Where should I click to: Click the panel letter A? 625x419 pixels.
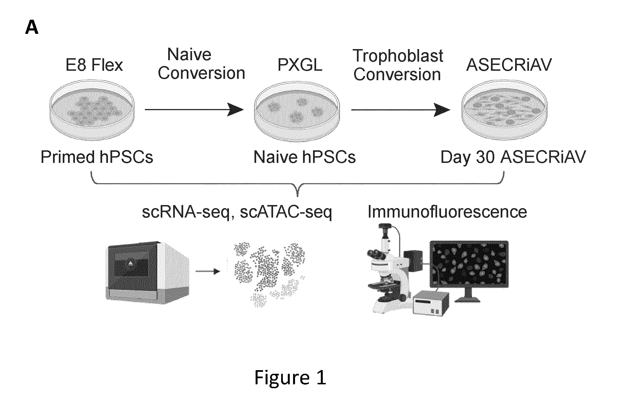(32, 28)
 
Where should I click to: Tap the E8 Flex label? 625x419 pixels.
(94, 65)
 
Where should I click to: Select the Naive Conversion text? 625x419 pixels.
(201, 64)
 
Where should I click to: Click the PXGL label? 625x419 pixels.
(300, 65)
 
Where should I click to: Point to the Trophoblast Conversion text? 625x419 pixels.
(397, 65)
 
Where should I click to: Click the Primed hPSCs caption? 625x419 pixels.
(97, 157)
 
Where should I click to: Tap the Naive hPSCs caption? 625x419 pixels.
(304, 157)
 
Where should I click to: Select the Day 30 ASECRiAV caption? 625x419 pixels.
(513, 157)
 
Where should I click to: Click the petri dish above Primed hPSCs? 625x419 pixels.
(92, 109)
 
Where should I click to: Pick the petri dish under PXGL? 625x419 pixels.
(297, 110)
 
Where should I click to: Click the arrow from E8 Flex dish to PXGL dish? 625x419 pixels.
(194, 110)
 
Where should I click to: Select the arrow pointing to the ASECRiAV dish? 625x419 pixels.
(400, 110)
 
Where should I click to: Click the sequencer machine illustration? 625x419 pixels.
(147, 272)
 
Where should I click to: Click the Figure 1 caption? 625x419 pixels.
(290, 378)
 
